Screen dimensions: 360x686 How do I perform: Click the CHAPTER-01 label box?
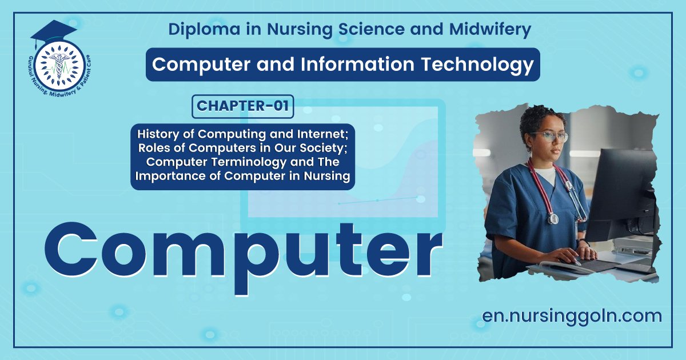pyautogui.click(x=243, y=106)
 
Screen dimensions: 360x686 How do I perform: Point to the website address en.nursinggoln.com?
pyautogui.click(x=572, y=315)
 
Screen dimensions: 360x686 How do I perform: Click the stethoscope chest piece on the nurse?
pyautogui.click(x=552, y=218)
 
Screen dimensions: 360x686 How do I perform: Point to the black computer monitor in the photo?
pyautogui.click(x=620, y=194)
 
